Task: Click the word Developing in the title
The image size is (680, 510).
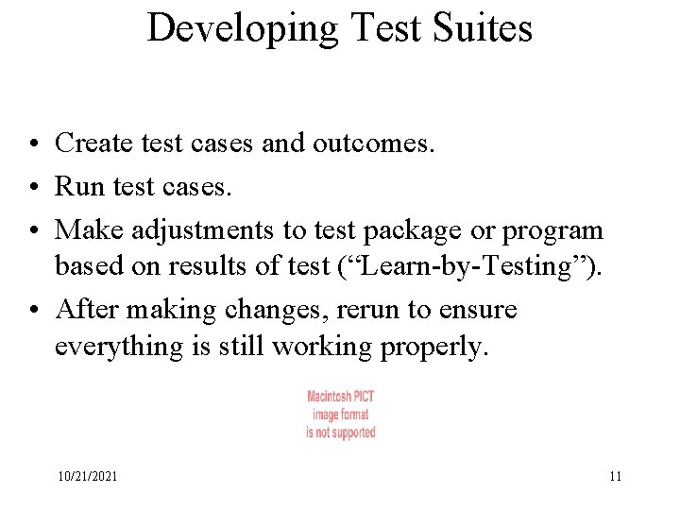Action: pos(243,28)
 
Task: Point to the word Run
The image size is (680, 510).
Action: pos(78,186)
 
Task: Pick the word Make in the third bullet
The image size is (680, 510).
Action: pos(87,229)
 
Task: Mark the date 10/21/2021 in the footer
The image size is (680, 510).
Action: pos(87,477)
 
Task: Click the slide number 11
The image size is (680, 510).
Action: pos(615,477)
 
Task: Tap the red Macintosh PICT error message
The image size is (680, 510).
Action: pos(340,414)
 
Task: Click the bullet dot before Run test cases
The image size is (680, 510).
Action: pos(33,187)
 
